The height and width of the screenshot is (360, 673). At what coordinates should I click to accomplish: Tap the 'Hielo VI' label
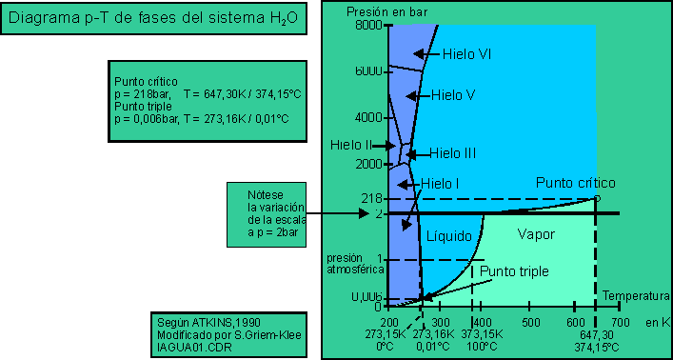(x=471, y=55)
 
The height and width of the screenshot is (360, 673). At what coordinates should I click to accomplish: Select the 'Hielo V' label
(x=453, y=95)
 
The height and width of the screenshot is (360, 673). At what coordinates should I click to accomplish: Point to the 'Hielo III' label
(x=452, y=152)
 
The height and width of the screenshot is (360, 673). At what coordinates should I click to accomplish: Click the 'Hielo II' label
(x=351, y=146)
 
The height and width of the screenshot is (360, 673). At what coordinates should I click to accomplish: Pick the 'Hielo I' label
(x=440, y=183)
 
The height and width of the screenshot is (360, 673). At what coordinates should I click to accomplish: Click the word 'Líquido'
(x=449, y=234)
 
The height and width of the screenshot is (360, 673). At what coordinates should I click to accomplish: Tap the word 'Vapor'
(x=535, y=234)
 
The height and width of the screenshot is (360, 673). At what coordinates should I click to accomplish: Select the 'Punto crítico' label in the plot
(x=576, y=182)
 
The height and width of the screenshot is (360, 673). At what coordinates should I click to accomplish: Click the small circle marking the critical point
(x=597, y=198)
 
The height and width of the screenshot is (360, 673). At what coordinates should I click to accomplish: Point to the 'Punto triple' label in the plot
(x=514, y=271)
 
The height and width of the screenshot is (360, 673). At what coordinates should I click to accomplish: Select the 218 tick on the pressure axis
(x=369, y=198)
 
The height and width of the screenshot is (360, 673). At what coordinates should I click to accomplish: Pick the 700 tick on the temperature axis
(x=620, y=323)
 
